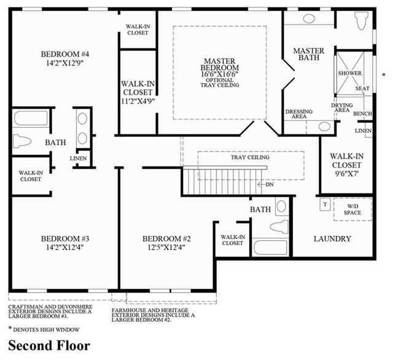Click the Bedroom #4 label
[65, 54]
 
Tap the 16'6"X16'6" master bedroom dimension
[220, 74]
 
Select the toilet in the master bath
[362, 20]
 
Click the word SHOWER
[349, 73]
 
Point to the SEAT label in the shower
[362, 88]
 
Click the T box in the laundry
[325, 205]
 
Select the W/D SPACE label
[352, 209]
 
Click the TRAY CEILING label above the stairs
[250, 157]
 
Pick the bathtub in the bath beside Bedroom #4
[31, 119]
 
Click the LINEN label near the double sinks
[78, 158]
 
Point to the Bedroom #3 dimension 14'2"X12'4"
[65, 248]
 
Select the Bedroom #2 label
[166, 238]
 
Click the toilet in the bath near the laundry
[279, 227]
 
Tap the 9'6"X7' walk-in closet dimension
[346, 174]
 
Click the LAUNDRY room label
[332, 238]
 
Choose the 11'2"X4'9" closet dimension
[138, 101]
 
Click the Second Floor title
[49, 345]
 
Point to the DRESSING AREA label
[299, 114]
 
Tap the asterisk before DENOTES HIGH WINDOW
[10, 328]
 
